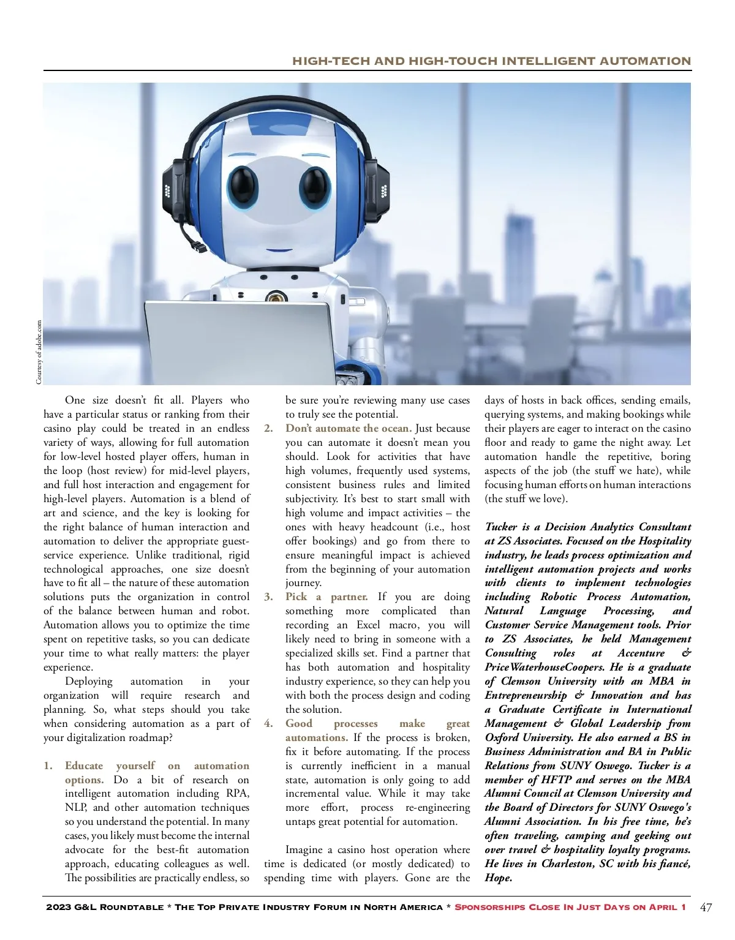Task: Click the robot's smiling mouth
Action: pos(281,249)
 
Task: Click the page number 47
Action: pos(706,908)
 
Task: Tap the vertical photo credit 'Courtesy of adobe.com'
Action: pos(39,352)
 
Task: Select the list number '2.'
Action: pos(269,429)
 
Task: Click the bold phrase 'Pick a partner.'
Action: pos(326,597)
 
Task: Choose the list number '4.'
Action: pos(269,724)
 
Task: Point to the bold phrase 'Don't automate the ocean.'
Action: pos(349,429)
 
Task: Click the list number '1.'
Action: pos(48,766)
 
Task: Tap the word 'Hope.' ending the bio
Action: pos(499,878)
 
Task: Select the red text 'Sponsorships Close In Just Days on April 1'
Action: pos(570,907)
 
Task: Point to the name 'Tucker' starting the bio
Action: pos(500,527)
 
